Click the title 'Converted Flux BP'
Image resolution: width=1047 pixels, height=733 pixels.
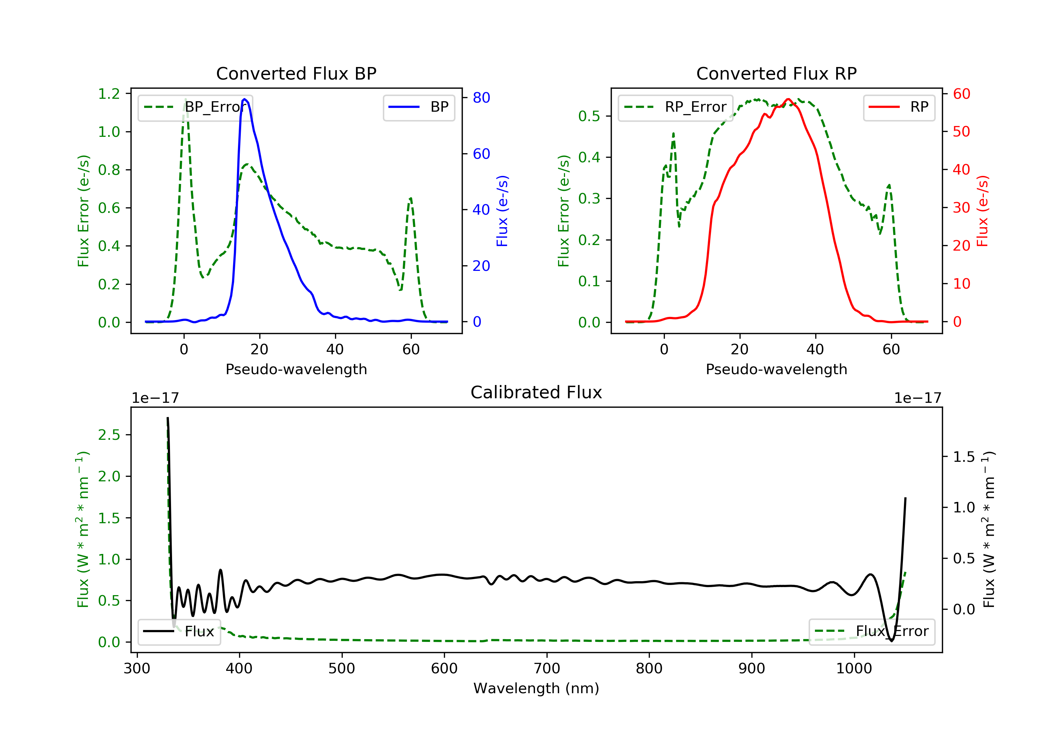296,73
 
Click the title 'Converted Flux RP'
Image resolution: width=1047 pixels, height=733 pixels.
776,73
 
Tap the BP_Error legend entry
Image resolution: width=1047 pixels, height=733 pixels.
195,107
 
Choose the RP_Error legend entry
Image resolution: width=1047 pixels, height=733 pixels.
675,107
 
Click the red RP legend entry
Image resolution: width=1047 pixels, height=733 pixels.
899,107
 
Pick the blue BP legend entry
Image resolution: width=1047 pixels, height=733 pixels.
418,107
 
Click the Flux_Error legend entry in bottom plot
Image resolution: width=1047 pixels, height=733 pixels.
871,631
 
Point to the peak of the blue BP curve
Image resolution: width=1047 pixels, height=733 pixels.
245,99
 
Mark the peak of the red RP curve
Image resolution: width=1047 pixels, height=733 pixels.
788,99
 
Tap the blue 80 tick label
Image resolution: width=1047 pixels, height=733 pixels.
481,98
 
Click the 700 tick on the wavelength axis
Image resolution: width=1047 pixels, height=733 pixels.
547,669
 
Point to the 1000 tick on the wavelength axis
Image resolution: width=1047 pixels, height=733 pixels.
854,669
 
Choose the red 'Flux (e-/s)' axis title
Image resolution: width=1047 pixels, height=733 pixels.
982,211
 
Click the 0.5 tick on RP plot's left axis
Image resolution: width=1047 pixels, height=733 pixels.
589,116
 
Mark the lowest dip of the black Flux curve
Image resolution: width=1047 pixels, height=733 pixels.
891,641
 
